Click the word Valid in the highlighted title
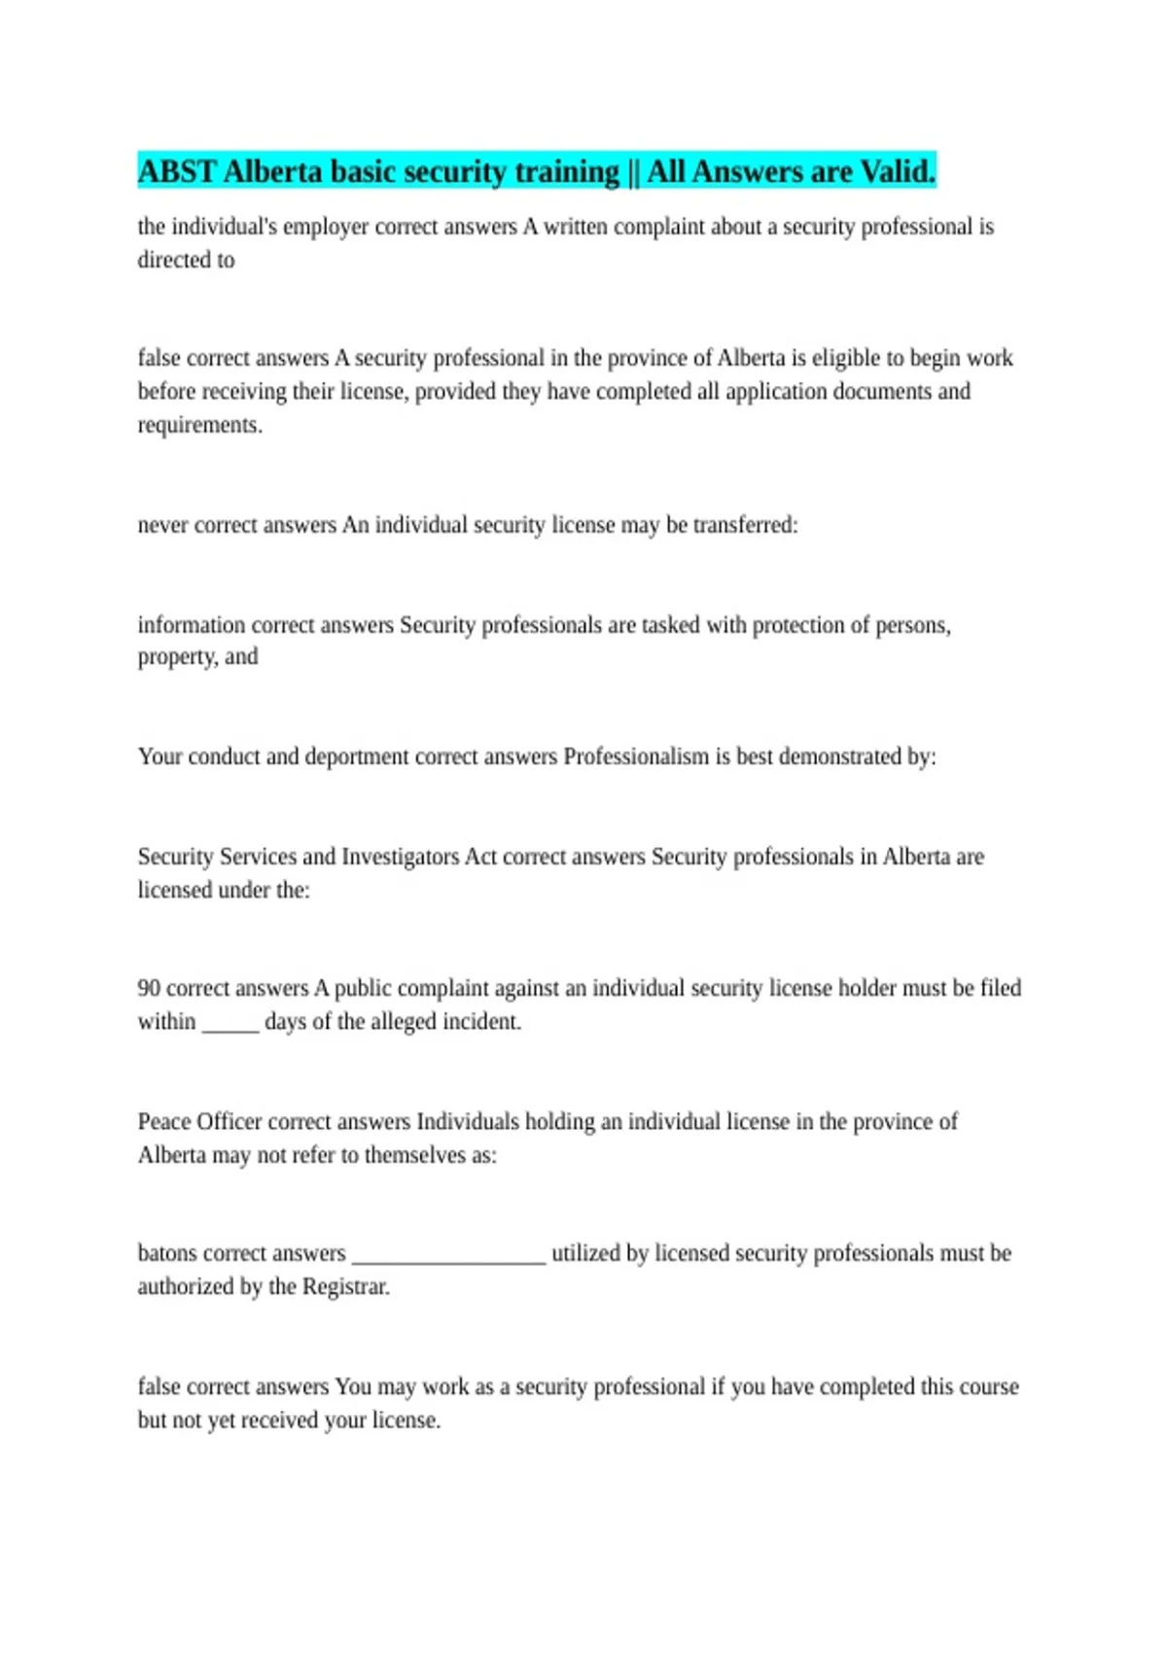(x=897, y=172)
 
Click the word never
(x=162, y=525)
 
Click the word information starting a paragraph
(x=191, y=624)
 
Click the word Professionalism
(x=636, y=756)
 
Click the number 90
(x=149, y=988)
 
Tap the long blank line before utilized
(x=448, y=1258)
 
